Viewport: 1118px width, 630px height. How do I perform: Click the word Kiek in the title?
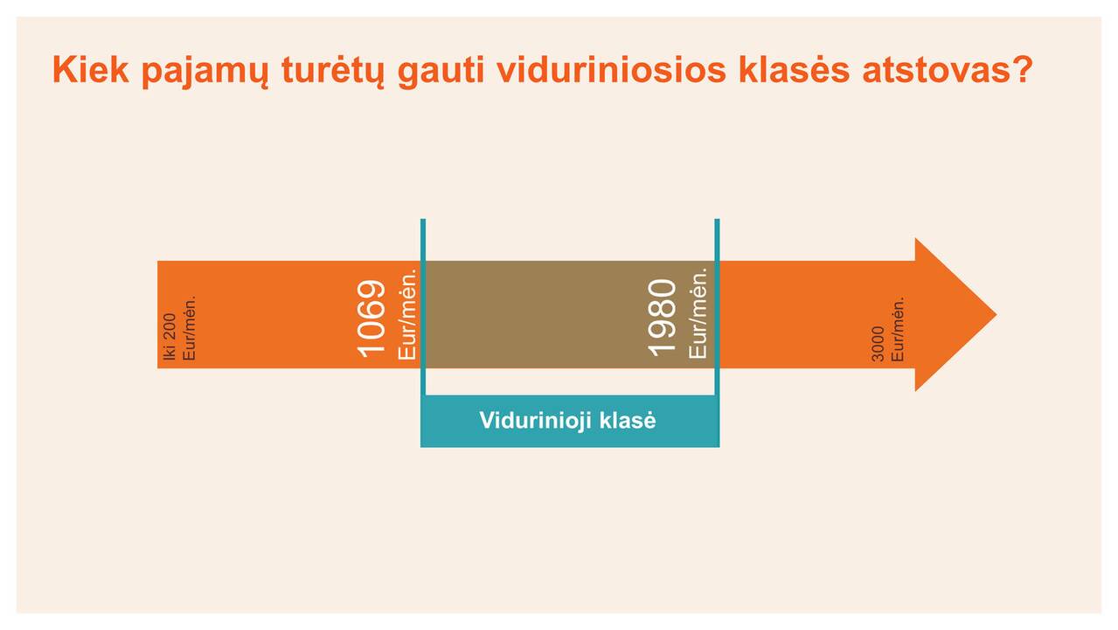(x=90, y=70)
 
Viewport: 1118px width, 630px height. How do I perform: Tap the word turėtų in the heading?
(x=333, y=72)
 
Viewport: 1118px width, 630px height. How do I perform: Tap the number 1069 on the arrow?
(x=372, y=318)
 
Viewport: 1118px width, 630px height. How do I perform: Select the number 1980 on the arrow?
(x=662, y=318)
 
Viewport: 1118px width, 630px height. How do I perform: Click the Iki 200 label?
(x=170, y=337)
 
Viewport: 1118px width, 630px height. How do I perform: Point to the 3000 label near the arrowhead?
(x=878, y=344)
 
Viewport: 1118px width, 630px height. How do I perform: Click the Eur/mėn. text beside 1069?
(x=406, y=314)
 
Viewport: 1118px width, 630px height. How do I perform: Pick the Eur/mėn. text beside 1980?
(x=698, y=312)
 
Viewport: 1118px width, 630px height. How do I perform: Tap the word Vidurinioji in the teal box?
(x=535, y=421)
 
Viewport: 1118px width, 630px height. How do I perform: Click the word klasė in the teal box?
(x=628, y=420)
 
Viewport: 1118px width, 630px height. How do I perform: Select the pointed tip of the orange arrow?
(x=996, y=315)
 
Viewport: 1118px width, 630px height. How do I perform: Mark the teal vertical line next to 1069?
(x=423, y=307)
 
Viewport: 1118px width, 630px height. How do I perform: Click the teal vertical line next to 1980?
(x=718, y=307)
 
